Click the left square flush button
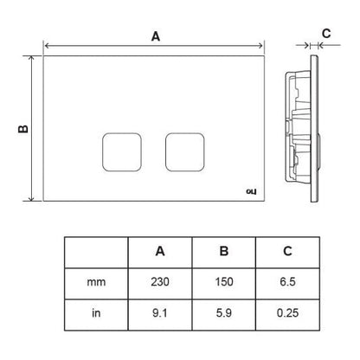point(122,152)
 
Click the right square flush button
point(185,152)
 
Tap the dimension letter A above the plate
point(156,36)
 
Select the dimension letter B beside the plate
point(23,129)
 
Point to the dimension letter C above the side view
point(326,34)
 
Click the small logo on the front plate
point(251,191)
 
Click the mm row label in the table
point(96,282)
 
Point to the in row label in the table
point(96,312)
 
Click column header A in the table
point(160,251)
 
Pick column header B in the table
point(224,251)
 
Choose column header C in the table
point(287,251)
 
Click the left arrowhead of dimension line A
point(46,46)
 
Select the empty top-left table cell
point(96,253)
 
